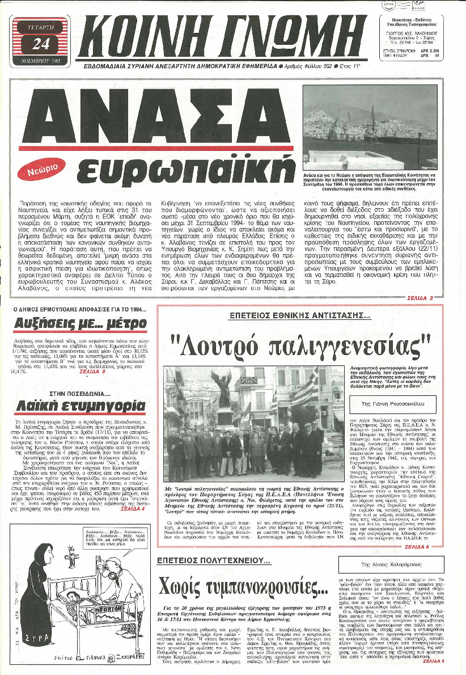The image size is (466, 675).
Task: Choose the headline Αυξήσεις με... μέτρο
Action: point(71,326)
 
